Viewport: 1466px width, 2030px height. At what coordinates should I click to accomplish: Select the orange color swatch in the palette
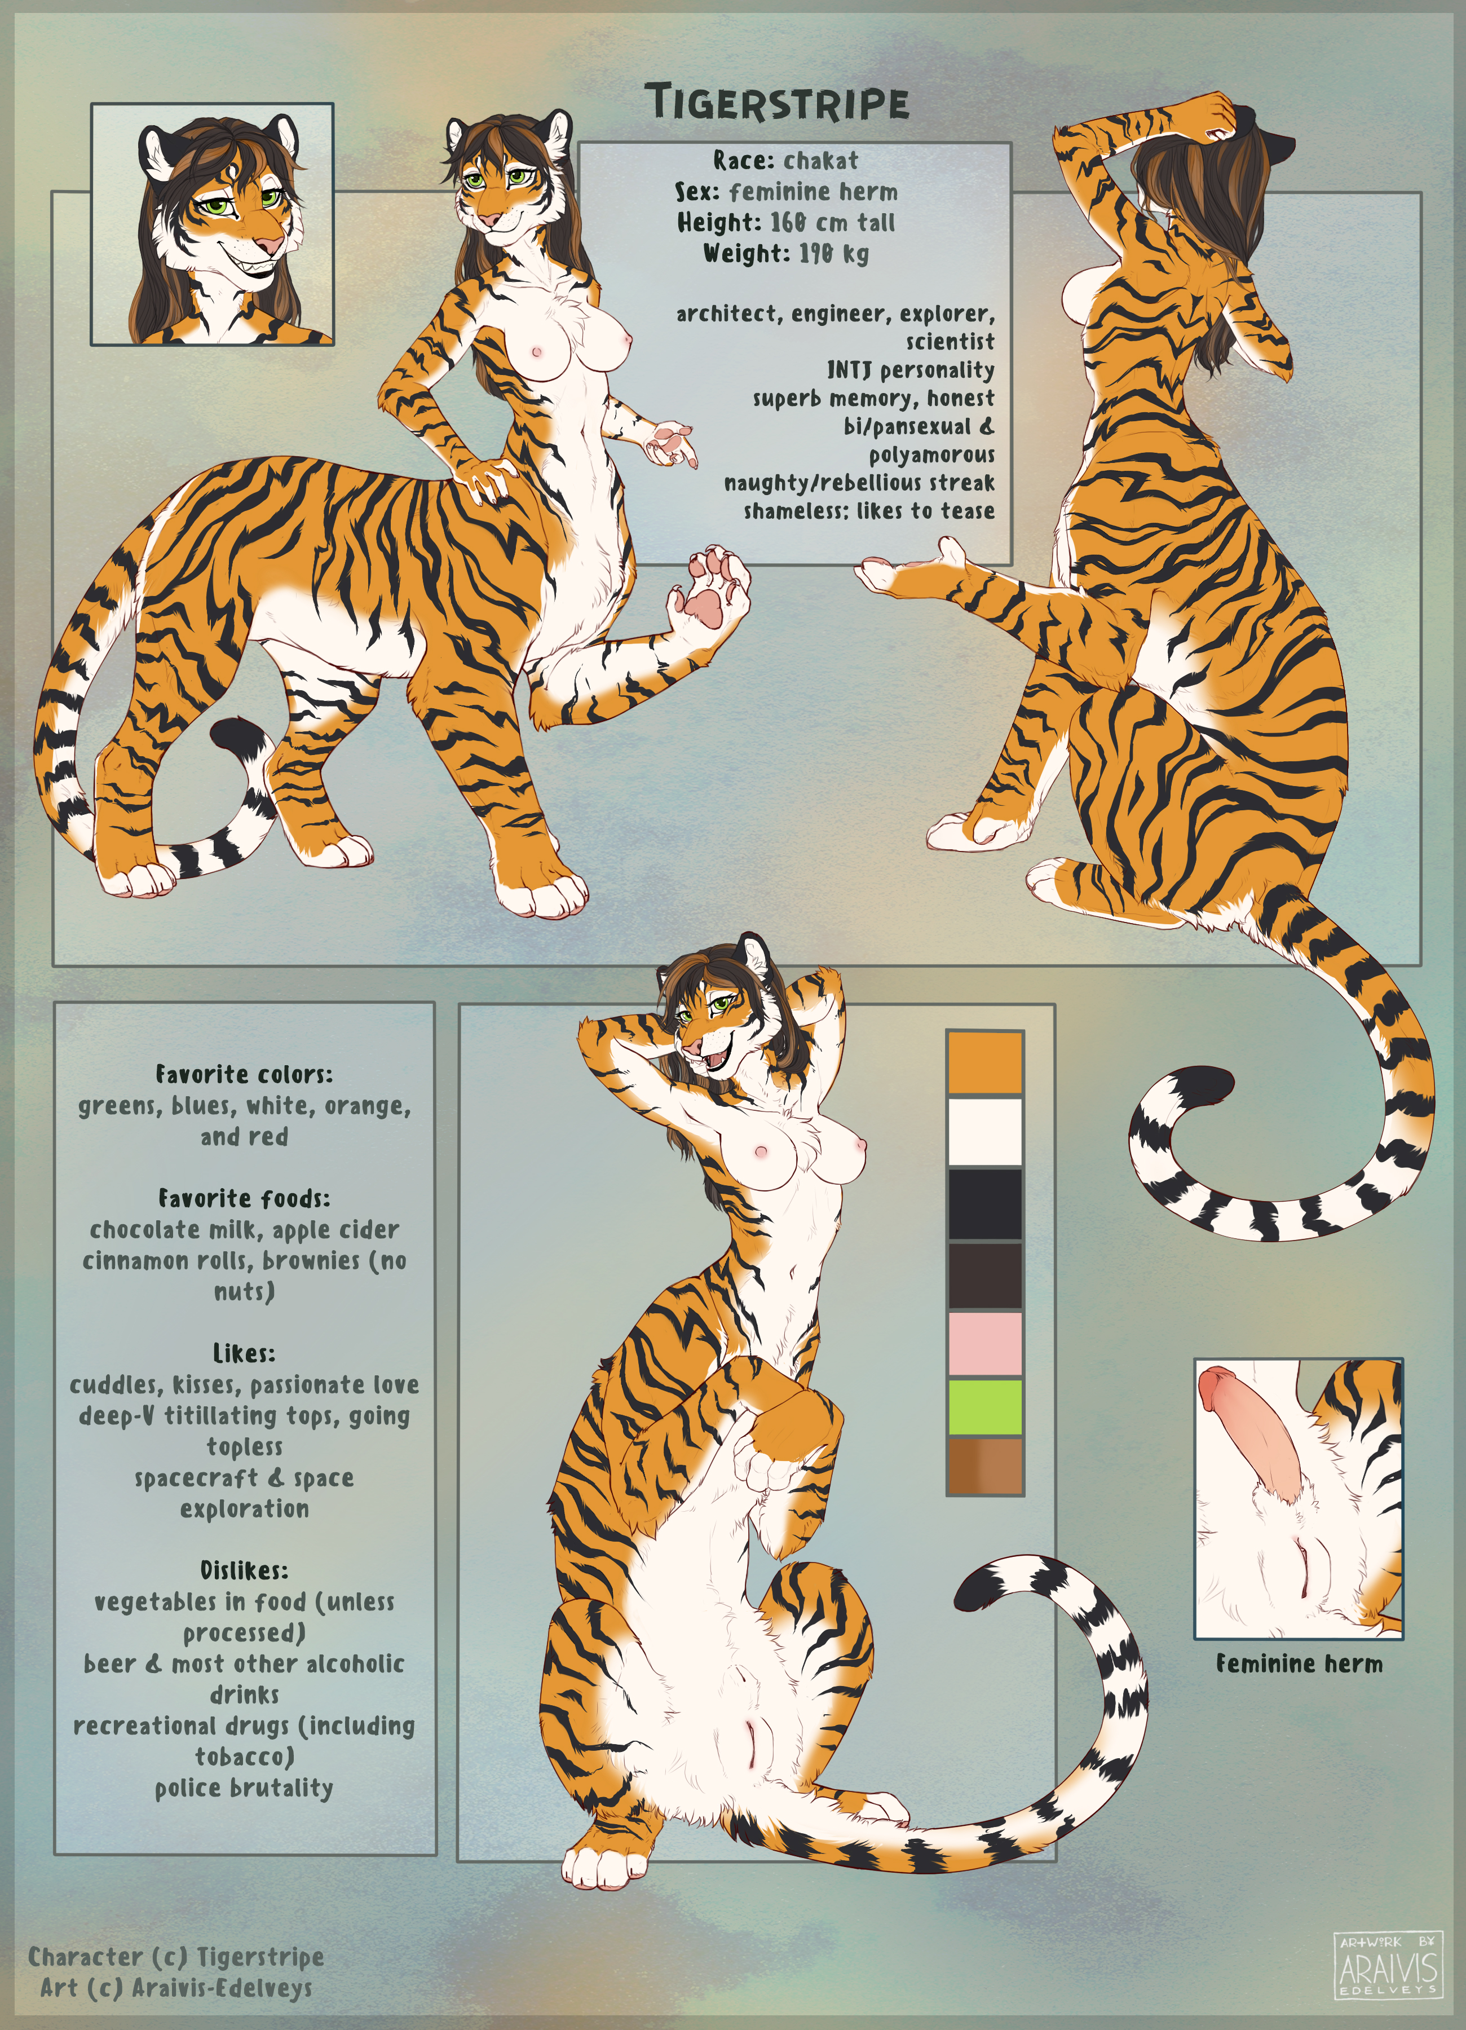pos(984,1062)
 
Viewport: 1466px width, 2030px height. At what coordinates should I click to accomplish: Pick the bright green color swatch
pos(984,1407)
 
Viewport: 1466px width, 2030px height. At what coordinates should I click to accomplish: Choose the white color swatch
pos(984,1131)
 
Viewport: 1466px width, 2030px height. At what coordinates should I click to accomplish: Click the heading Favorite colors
pos(244,1074)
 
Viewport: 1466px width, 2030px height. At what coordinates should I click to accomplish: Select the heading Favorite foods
pos(244,1198)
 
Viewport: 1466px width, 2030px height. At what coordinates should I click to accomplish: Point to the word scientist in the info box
pos(950,341)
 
